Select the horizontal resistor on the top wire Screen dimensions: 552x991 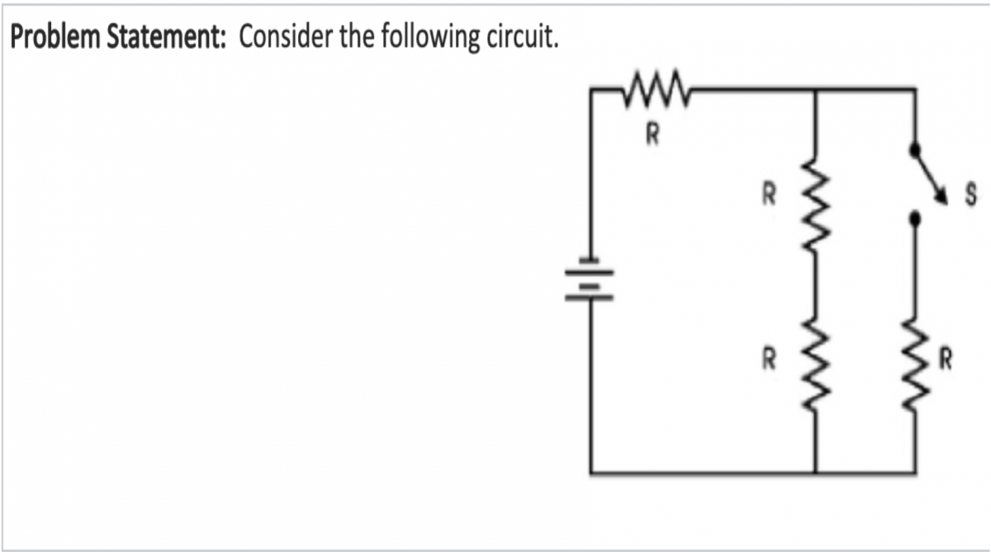coord(653,85)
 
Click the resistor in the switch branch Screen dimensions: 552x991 coord(914,360)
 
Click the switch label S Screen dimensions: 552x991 coord(971,198)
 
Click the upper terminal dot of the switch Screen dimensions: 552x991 coord(914,150)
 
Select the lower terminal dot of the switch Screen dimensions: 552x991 coord(914,220)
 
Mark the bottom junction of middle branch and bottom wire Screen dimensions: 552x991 coord(816,473)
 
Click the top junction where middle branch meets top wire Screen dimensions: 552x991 coord(816,85)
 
